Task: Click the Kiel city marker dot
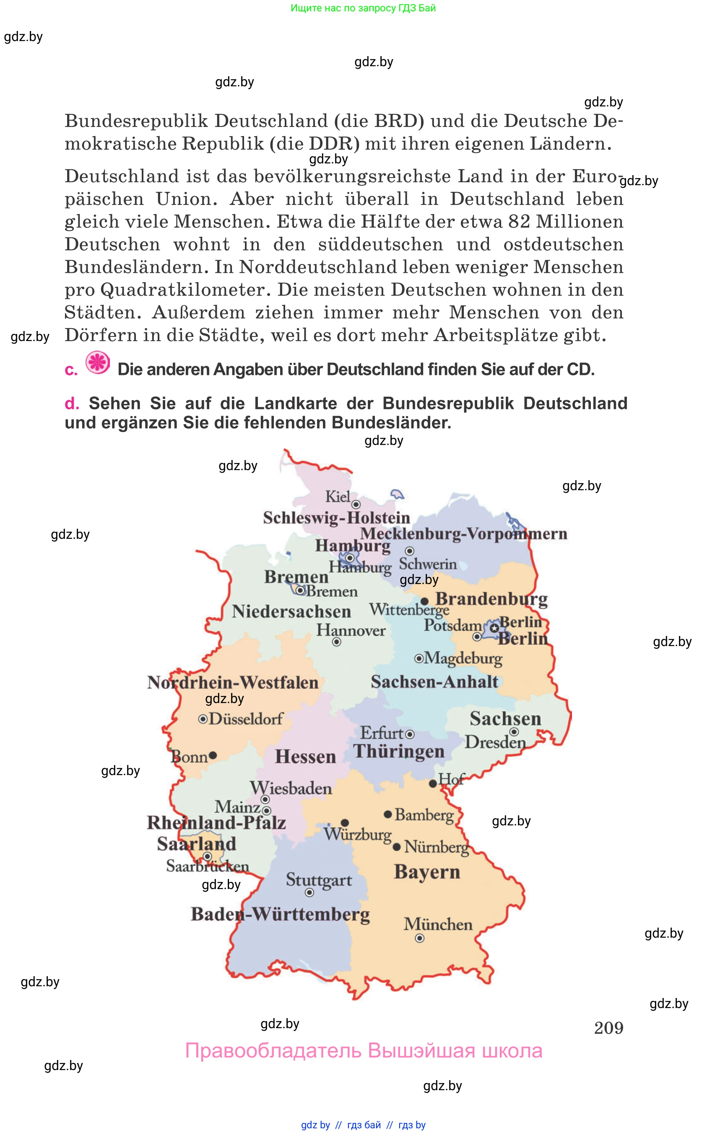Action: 356,504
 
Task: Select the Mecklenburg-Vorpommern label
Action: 463,534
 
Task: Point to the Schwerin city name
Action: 428,564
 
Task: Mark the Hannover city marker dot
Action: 337,642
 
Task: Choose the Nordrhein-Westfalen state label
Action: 233,683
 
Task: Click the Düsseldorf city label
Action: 245,719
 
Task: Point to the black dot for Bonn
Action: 213,755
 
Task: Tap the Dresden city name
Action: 495,742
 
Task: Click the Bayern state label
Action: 427,872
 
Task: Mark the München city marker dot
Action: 420,939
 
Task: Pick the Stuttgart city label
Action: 319,880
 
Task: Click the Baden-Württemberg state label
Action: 280,915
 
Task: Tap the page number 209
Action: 608,1028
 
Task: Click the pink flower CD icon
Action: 98,363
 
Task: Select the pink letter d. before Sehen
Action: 71,404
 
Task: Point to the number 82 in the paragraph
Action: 519,222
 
